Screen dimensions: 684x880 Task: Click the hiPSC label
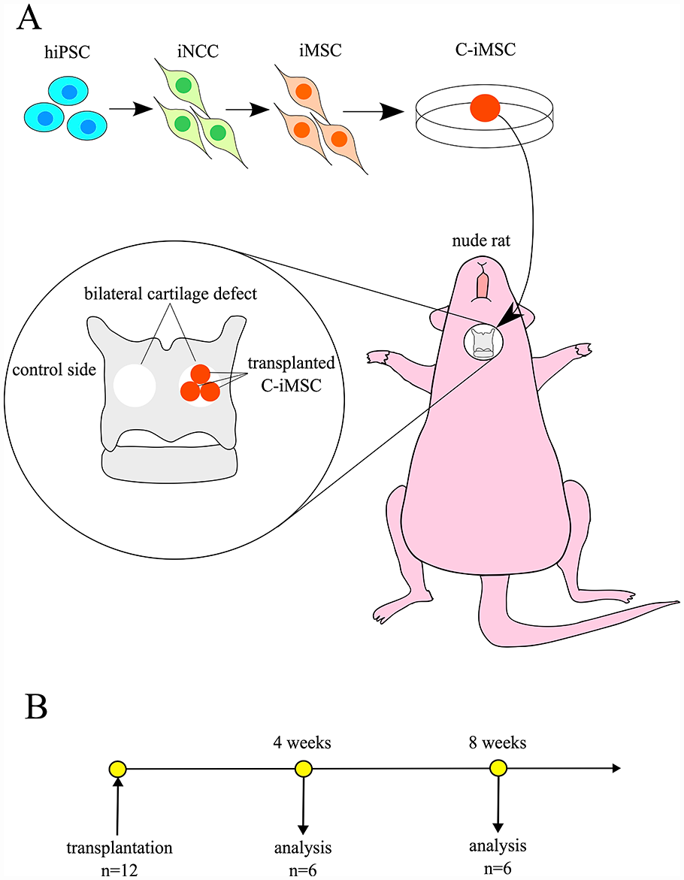coord(68,52)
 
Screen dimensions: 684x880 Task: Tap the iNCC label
coord(198,51)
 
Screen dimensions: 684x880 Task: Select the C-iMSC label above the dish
coord(486,50)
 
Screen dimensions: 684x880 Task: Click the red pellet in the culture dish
coord(485,108)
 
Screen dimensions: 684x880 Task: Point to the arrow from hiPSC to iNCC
coord(131,109)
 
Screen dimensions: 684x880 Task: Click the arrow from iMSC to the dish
coord(373,111)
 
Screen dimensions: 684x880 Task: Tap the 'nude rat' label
coord(482,240)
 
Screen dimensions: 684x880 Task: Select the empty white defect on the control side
coord(135,385)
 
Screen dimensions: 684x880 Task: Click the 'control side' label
coord(54,370)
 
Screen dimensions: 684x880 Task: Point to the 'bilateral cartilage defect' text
coord(171,294)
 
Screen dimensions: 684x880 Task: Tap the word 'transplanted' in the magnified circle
coord(291,363)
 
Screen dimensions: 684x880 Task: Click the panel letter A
coord(29,19)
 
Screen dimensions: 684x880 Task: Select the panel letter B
coord(37,707)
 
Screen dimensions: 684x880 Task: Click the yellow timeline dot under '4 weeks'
coord(303,768)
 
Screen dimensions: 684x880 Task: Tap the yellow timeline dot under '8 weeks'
coord(498,768)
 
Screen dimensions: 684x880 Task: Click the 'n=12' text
coord(119,869)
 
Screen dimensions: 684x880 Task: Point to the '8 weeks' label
coord(498,743)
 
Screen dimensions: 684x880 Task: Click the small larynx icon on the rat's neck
coord(482,343)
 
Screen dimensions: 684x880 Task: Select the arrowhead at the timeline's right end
coord(616,768)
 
